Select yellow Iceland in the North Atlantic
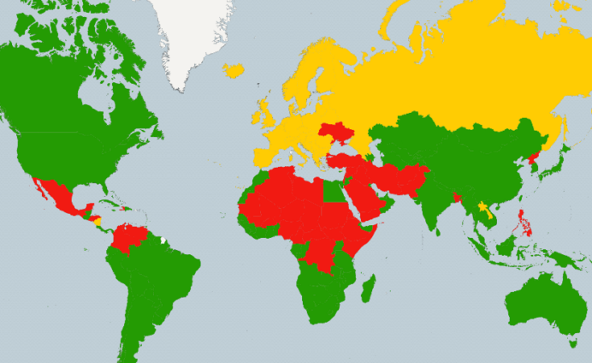point(234,71)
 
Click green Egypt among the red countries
point(330,190)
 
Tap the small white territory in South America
point(164,240)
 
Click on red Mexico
point(57,194)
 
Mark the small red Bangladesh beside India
point(457,196)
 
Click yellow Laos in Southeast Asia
point(482,208)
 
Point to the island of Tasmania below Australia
point(573,343)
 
